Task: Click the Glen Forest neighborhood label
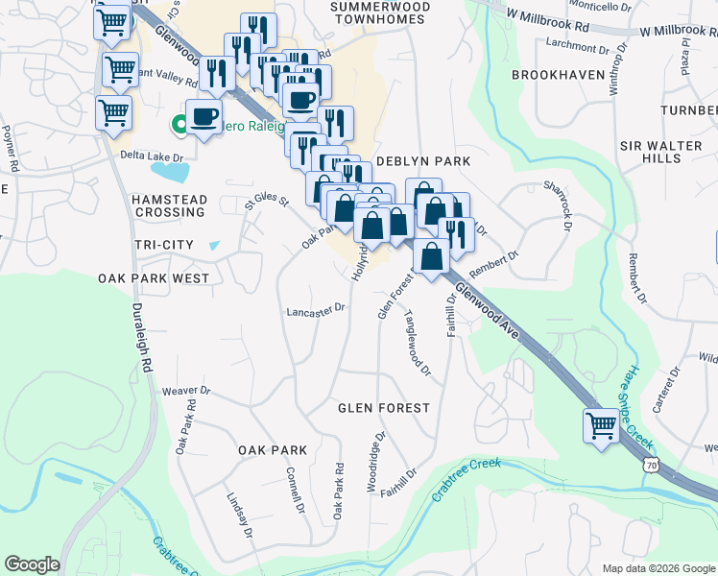384,408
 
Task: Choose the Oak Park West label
154,277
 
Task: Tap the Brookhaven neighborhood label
559,74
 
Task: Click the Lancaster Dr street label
316,311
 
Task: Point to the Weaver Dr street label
186,391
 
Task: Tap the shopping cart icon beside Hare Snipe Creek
602,423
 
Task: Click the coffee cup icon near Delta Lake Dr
203,116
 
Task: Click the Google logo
32,564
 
